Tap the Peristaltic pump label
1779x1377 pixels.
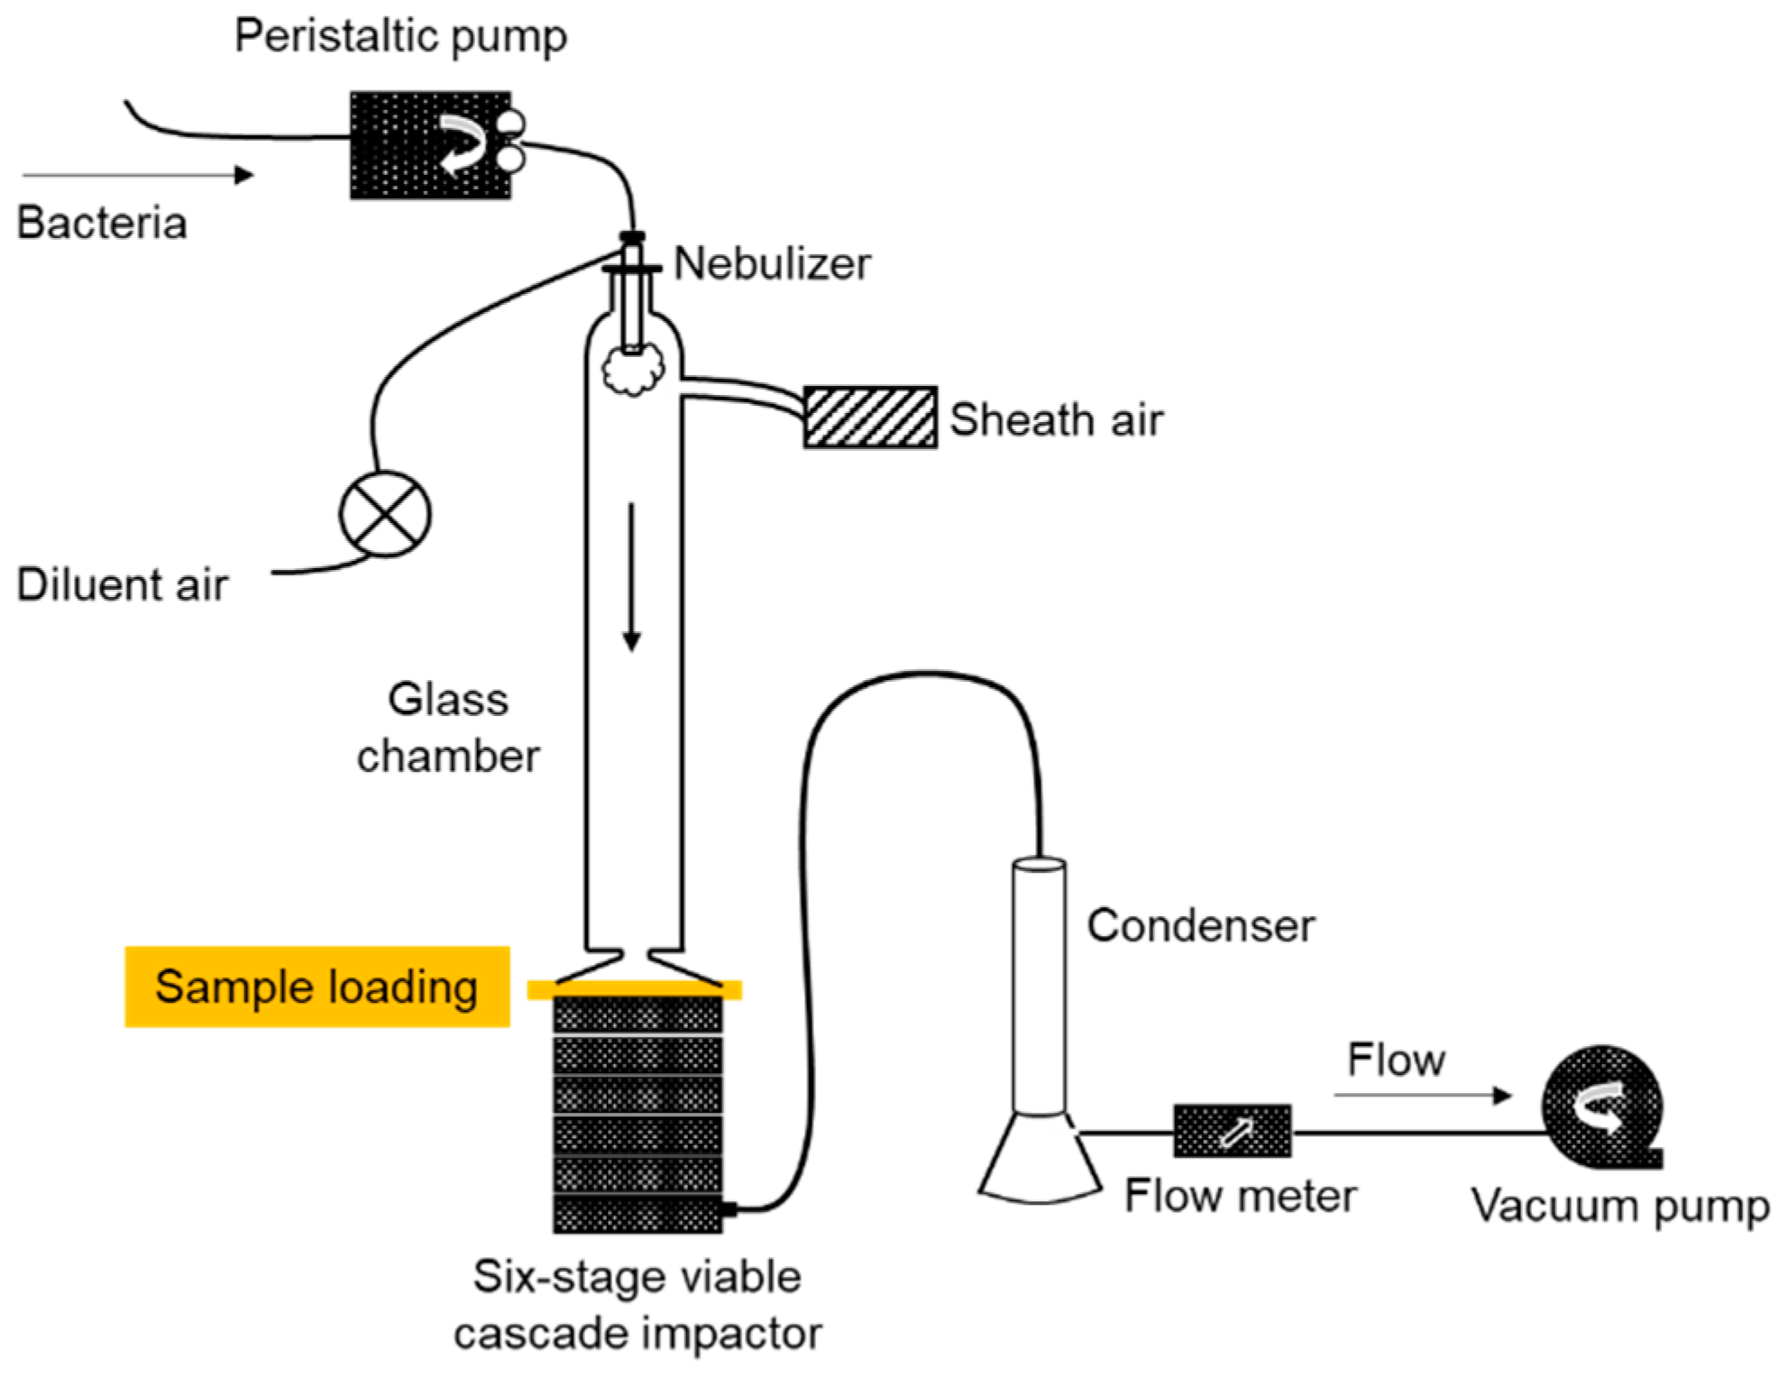tap(400, 37)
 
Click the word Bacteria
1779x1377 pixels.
tap(102, 224)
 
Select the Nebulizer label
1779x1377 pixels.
tap(772, 264)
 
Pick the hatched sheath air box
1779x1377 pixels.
tap(869, 418)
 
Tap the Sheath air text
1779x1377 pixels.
tap(1056, 420)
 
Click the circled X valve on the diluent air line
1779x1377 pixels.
tap(385, 514)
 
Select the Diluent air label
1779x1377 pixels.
tap(123, 584)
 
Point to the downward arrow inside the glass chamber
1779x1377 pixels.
tap(631, 577)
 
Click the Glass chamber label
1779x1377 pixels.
tap(448, 728)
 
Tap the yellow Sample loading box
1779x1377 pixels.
tap(317, 987)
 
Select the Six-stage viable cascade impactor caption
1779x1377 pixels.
tap(637, 1305)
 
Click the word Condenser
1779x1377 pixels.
tap(1200, 926)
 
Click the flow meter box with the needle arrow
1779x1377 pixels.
tap(1232, 1131)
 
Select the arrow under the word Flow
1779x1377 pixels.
tap(1422, 1096)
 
